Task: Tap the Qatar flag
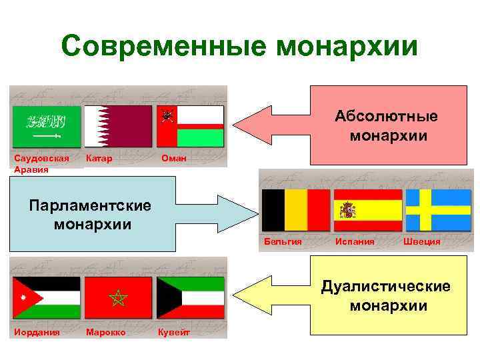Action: point(118,127)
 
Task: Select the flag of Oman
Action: point(190,127)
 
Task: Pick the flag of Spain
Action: point(368,210)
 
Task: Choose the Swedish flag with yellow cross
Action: point(439,210)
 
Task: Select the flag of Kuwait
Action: point(190,297)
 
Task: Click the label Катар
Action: point(99,159)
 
